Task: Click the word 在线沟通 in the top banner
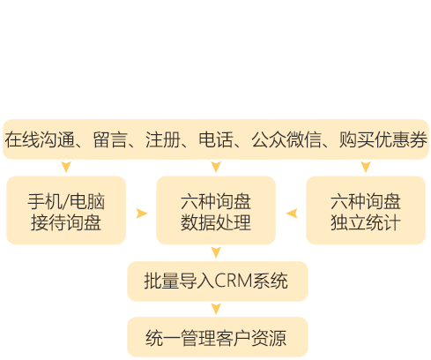click(x=40, y=139)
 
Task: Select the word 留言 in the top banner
click(x=110, y=139)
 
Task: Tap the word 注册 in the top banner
click(x=163, y=139)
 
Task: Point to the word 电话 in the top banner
click(x=216, y=139)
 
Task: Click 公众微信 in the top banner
click(x=286, y=139)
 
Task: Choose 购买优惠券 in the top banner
click(x=383, y=139)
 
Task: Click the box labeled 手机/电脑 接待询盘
click(x=66, y=210)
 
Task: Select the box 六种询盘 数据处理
click(x=216, y=210)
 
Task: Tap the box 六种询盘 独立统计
click(x=366, y=210)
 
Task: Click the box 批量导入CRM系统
click(x=218, y=281)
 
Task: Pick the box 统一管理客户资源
click(x=218, y=337)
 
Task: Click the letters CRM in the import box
click(x=234, y=281)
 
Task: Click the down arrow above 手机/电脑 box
click(x=66, y=167)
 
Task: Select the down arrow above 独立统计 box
click(x=366, y=167)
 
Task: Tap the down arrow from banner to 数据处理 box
click(x=216, y=167)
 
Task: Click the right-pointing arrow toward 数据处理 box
click(x=142, y=214)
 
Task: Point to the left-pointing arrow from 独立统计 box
click(x=292, y=214)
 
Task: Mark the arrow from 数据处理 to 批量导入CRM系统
click(x=216, y=252)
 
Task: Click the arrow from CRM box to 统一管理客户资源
click(x=216, y=309)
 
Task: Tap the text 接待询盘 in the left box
click(x=66, y=222)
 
